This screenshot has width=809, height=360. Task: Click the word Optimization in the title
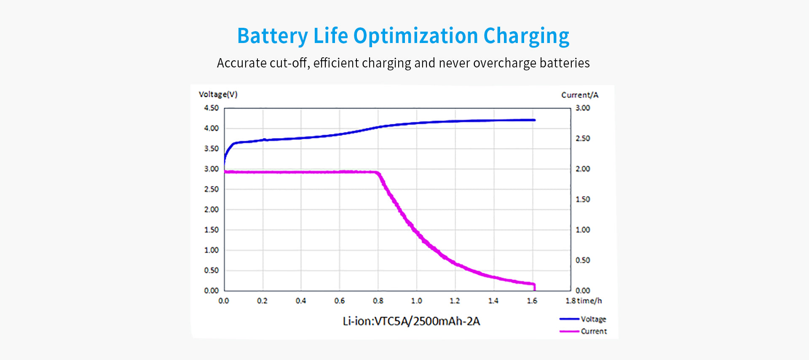pos(415,36)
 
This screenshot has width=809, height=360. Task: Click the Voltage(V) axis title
pos(218,94)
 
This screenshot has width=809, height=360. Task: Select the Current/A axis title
pos(579,95)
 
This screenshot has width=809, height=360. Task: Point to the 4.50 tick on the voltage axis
pos(211,108)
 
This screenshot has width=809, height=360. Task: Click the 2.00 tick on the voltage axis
pos(211,210)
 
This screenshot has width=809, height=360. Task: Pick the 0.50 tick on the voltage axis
pos(211,270)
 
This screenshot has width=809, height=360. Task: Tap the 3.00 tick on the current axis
pos(583,108)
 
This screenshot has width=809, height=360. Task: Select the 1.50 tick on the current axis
pos(583,199)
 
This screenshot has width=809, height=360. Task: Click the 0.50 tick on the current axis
pos(583,260)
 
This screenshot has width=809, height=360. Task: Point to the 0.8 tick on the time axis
pos(378,301)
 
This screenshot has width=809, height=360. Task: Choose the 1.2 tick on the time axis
pos(455,301)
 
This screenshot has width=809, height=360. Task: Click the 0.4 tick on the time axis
pos(300,301)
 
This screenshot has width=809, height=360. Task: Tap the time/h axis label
pos(589,301)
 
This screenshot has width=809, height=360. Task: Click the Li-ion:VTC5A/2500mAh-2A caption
pos(411,321)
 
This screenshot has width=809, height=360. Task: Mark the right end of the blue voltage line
pos(534,120)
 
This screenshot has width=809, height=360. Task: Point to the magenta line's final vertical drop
pos(535,287)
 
